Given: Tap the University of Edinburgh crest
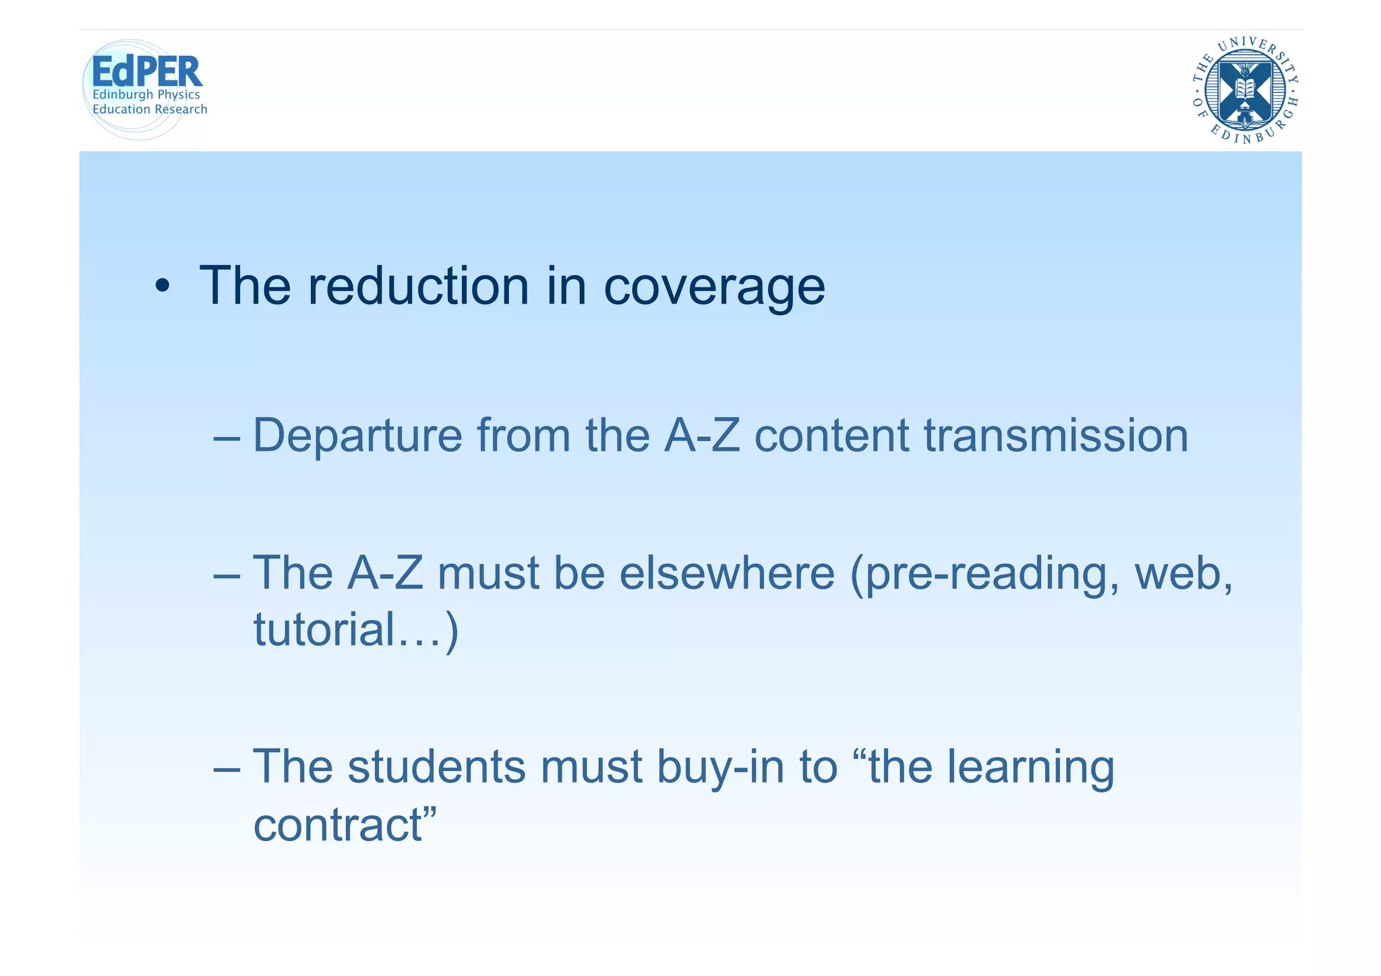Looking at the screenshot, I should click(x=1245, y=90).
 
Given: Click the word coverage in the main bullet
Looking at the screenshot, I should click(x=714, y=286).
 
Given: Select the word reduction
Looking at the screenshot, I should click(x=418, y=286).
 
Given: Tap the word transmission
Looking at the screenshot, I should click(x=1055, y=435).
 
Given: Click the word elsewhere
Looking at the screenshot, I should click(x=727, y=573).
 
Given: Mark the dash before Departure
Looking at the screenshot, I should click(x=226, y=438).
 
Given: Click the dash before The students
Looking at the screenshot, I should click(x=226, y=769).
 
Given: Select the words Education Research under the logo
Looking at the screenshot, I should click(x=150, y=109).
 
